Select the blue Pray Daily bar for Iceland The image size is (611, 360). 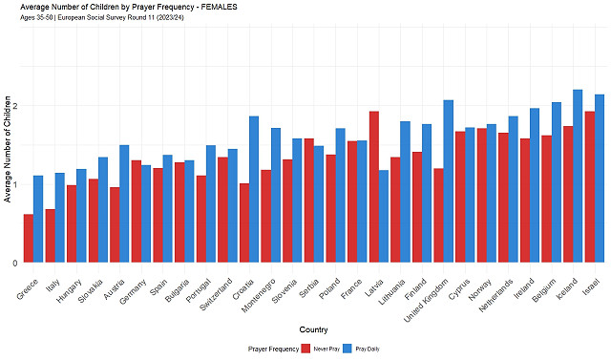pos(578,177)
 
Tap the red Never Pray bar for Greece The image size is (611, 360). pos(29,239)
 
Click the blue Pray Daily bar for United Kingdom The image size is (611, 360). pos(448,181)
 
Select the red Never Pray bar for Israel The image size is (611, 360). pos(589,187)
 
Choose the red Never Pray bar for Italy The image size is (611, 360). pos(50,236)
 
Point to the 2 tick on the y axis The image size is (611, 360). pos(15,106)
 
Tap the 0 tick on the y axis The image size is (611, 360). pos(15,263)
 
